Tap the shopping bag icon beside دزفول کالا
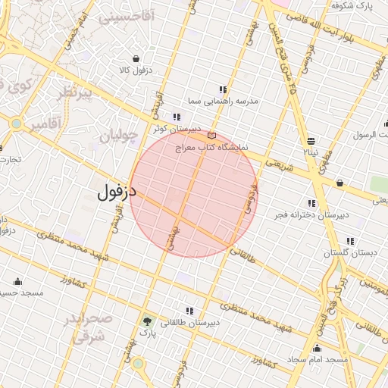point(136,59)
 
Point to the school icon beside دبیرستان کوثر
point(177,117)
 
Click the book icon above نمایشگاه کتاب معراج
point(211,136)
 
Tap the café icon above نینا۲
point(311,141)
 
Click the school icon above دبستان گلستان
point(349,241)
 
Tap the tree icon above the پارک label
point(145,323)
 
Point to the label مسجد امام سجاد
point(318,358)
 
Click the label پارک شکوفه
point(354,5)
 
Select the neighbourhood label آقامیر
point(44,126)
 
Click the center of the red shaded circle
point(195,193)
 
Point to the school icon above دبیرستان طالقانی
point(189,311)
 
